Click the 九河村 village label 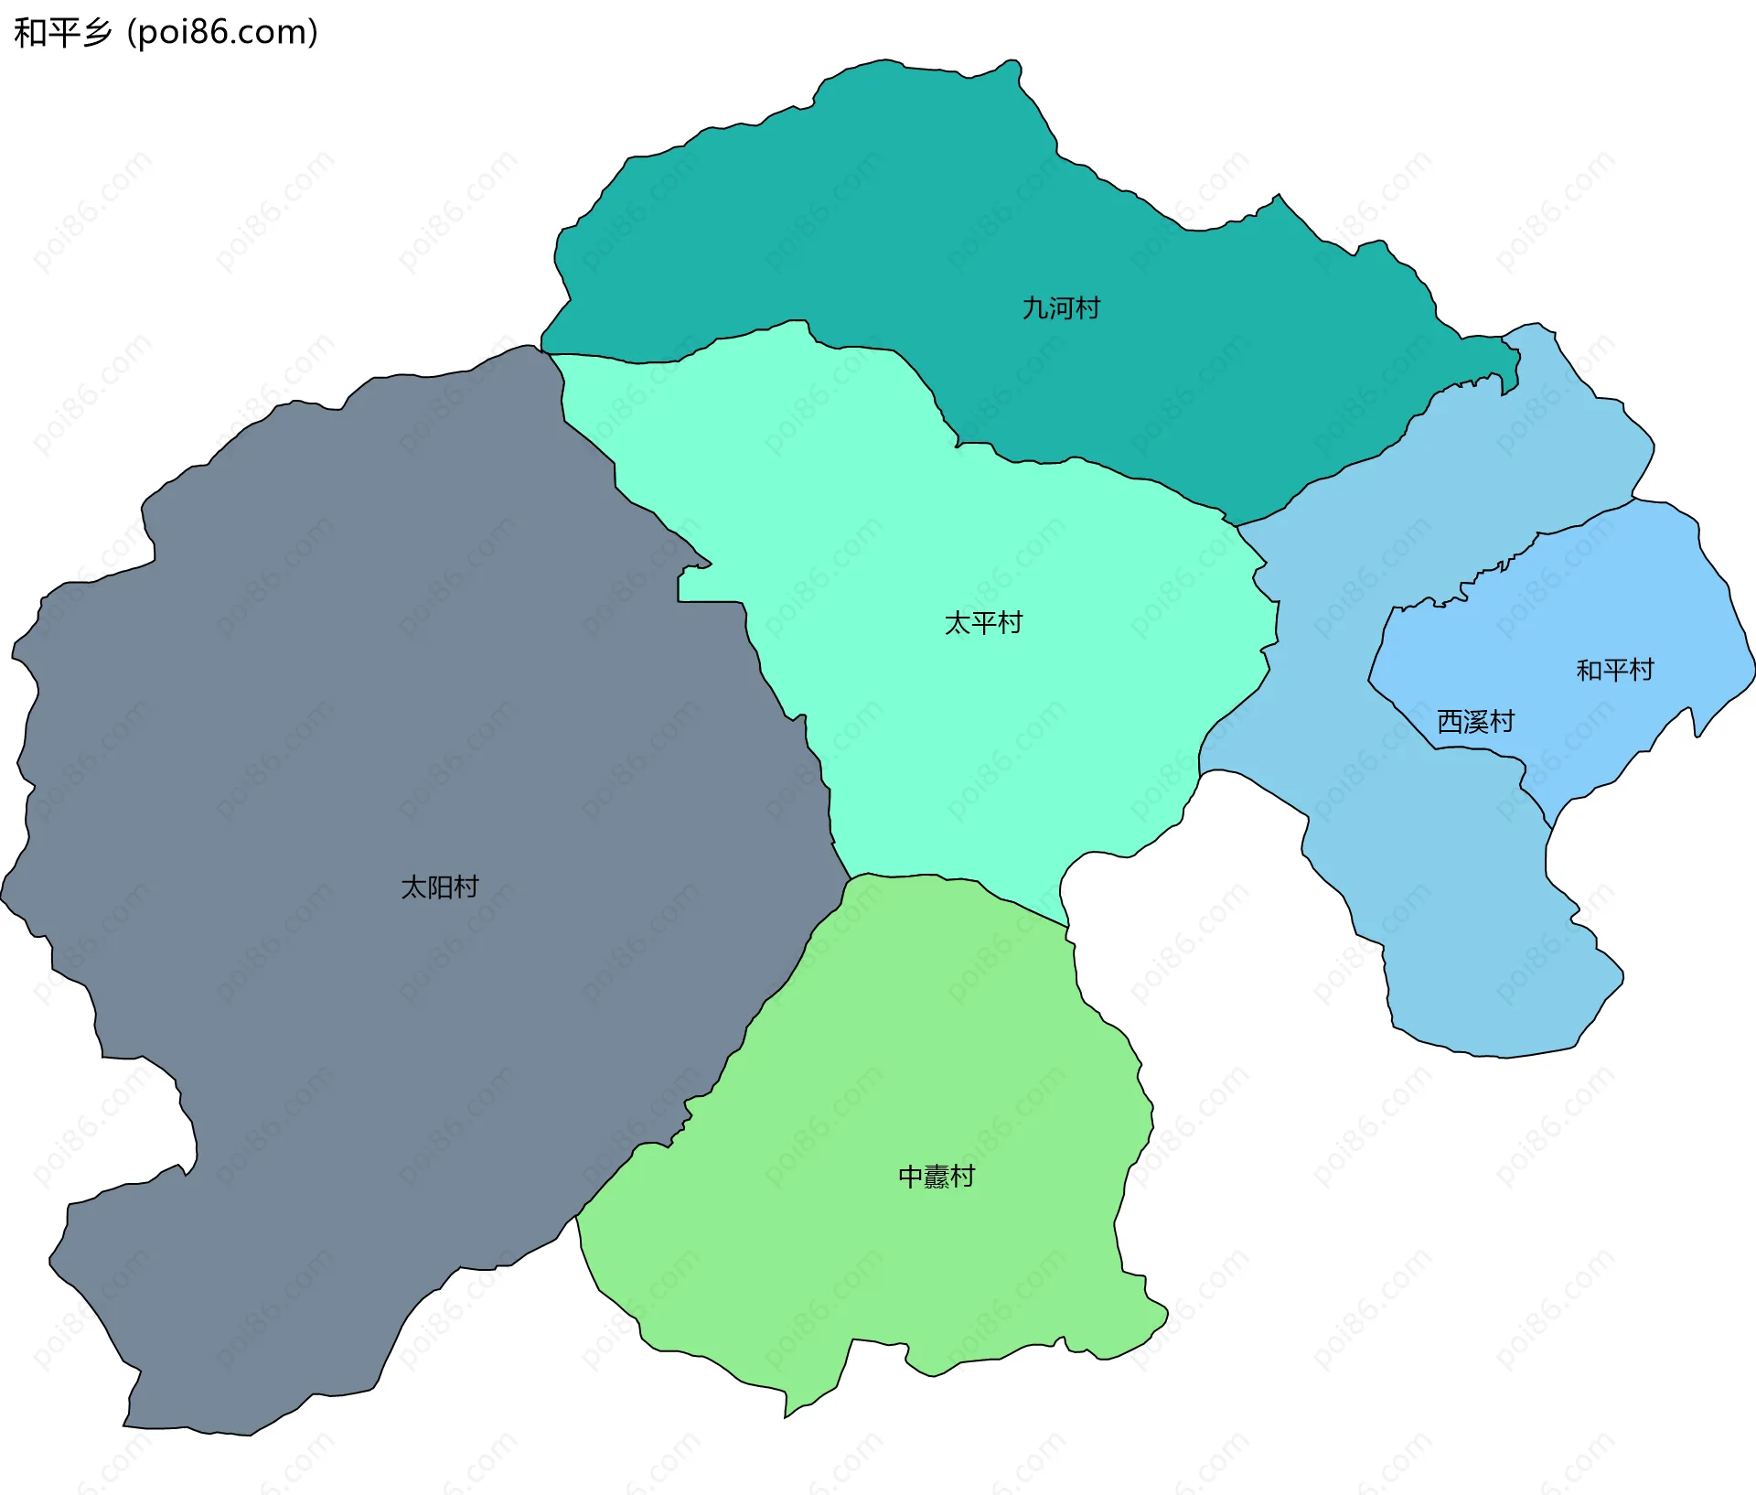pyautogui.click(x=1061, y=308)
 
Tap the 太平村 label pyautogui.click(x=983, y=623)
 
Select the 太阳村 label pyautogui.click(x=440, y=887)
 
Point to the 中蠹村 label pyautogui.click(x=937, y=1177)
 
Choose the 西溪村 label pyautogui.click(x=1475, y=722)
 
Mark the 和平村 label pyautogui.click(x=1615, y=671)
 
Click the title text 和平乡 pyautogui.click(x=62, y=33)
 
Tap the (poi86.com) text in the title pyautogui.click(x=222, y=33)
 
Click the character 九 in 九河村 pyautogui.click(x=1034, y=308)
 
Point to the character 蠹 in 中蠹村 pyautogui.click(x=937, y=1177)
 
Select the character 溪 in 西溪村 pyautogui.click(x=1475, y=722)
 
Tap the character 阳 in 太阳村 pyautogui.click(x=440, y=887)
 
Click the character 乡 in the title pyautogui.click(x=95, y=33)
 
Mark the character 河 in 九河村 pyautogui.click(x=1061, y=308)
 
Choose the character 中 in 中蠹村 pyautogui.click(x=911, y=1177)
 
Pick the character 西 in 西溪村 pyautogui.click(x=1450, y=722)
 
